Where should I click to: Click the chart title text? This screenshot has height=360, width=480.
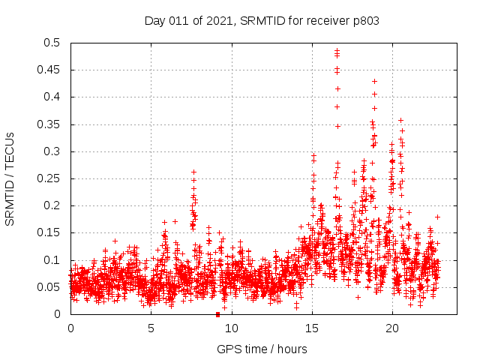click(x=262, y=21)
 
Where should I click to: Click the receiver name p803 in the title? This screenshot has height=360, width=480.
click(x=364, y=21)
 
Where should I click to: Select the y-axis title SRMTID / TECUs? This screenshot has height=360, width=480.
click(x=10, y=178)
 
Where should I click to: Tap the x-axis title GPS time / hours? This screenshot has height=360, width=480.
click(x=262, y=349)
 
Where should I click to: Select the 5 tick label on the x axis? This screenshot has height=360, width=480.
click(x=151, y=328)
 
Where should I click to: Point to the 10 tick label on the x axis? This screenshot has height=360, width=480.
click(x=231, y=328)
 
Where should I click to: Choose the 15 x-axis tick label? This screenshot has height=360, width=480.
click(x=311, y=328)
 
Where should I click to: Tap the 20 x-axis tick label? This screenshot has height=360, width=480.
click(x=391, y=328)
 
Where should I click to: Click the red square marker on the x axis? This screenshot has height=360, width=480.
click(x=217, y=314)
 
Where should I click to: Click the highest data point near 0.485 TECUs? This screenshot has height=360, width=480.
click(x=337, y=50)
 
